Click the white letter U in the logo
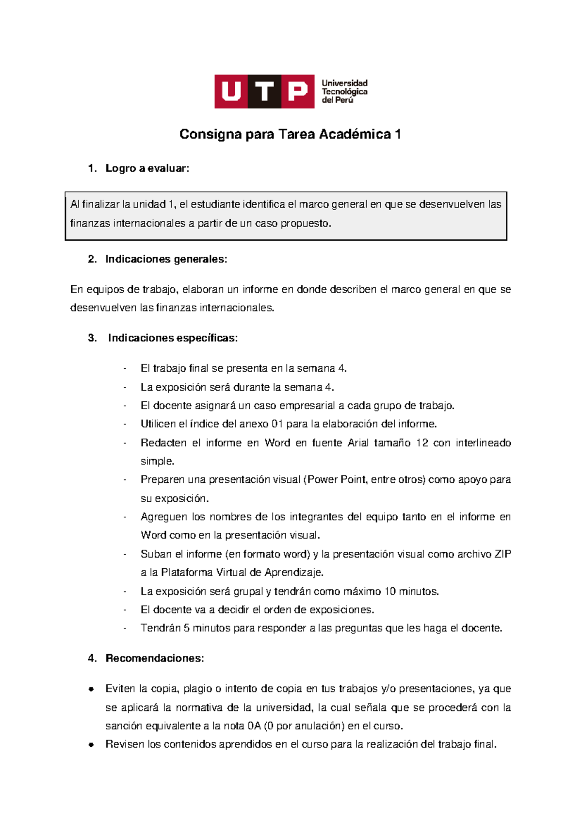231,91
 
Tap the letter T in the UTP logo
265,91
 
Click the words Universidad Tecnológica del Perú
344,91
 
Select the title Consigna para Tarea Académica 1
290,134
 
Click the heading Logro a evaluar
147,168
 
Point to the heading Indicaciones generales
166,259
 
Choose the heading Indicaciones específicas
173,338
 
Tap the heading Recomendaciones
155,658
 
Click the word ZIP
502,554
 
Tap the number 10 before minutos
390,591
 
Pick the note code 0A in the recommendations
254,726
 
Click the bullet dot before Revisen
91,745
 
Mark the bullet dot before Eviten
91,689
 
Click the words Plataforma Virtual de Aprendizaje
242,573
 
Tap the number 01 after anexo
277,424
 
